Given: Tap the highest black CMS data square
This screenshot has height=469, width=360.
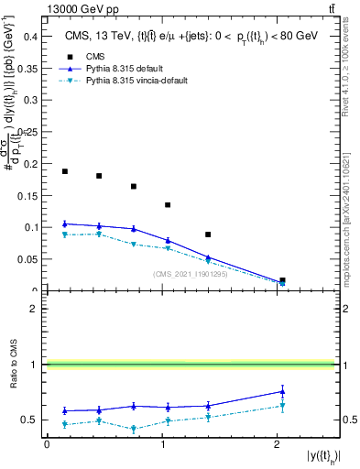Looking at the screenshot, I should (x=64, y=171).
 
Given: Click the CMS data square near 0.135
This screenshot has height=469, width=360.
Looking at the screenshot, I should (x=168, y=205).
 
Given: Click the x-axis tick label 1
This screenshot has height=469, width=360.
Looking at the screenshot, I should (x=162, y=444).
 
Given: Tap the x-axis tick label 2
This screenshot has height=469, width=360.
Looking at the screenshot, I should (x=277, y=444).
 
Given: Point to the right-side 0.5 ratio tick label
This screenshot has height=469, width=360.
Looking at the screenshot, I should (x=348, y=420).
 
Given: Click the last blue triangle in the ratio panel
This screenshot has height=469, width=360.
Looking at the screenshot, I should (x=282, y=391).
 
